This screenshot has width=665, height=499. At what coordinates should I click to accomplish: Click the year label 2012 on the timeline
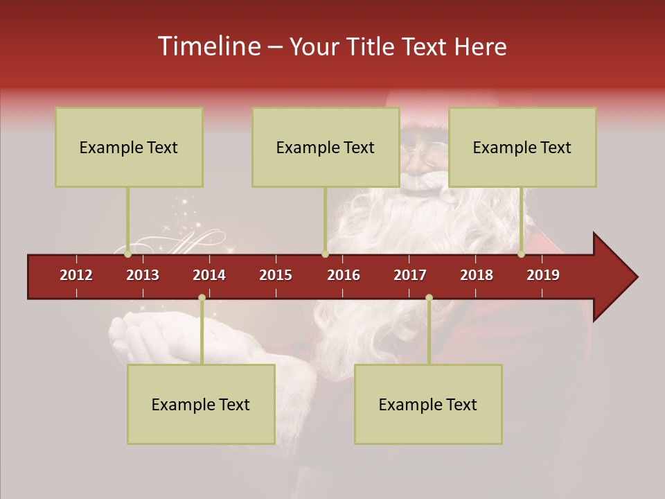pos(76,275)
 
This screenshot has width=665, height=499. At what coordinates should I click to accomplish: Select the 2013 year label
pos(143,275)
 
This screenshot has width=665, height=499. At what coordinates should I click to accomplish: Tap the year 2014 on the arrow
pos(209,275)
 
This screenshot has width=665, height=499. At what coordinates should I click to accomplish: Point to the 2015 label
pos(276,275)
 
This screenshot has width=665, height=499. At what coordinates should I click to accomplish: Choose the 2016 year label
pos(344,275)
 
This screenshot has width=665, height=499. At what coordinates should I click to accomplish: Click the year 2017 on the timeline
pos(410,275)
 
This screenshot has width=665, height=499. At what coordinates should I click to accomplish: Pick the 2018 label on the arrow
pos(477,275)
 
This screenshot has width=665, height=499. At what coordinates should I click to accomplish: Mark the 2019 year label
pos(543,275)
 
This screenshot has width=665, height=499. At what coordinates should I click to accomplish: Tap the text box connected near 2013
pos(129,147)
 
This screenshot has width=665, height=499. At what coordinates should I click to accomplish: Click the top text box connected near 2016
pos(326,147)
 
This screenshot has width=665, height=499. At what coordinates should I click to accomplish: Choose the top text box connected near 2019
pos(522,147)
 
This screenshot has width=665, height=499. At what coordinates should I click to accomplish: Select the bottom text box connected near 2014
pos(201,404)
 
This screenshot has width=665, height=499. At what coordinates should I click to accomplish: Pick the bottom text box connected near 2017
pos(428,404)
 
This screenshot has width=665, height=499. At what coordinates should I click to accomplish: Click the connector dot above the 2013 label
pos(127,254)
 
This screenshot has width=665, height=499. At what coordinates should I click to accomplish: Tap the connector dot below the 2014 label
pos(202,297)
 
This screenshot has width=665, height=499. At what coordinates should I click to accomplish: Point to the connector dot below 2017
pos(429,297)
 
